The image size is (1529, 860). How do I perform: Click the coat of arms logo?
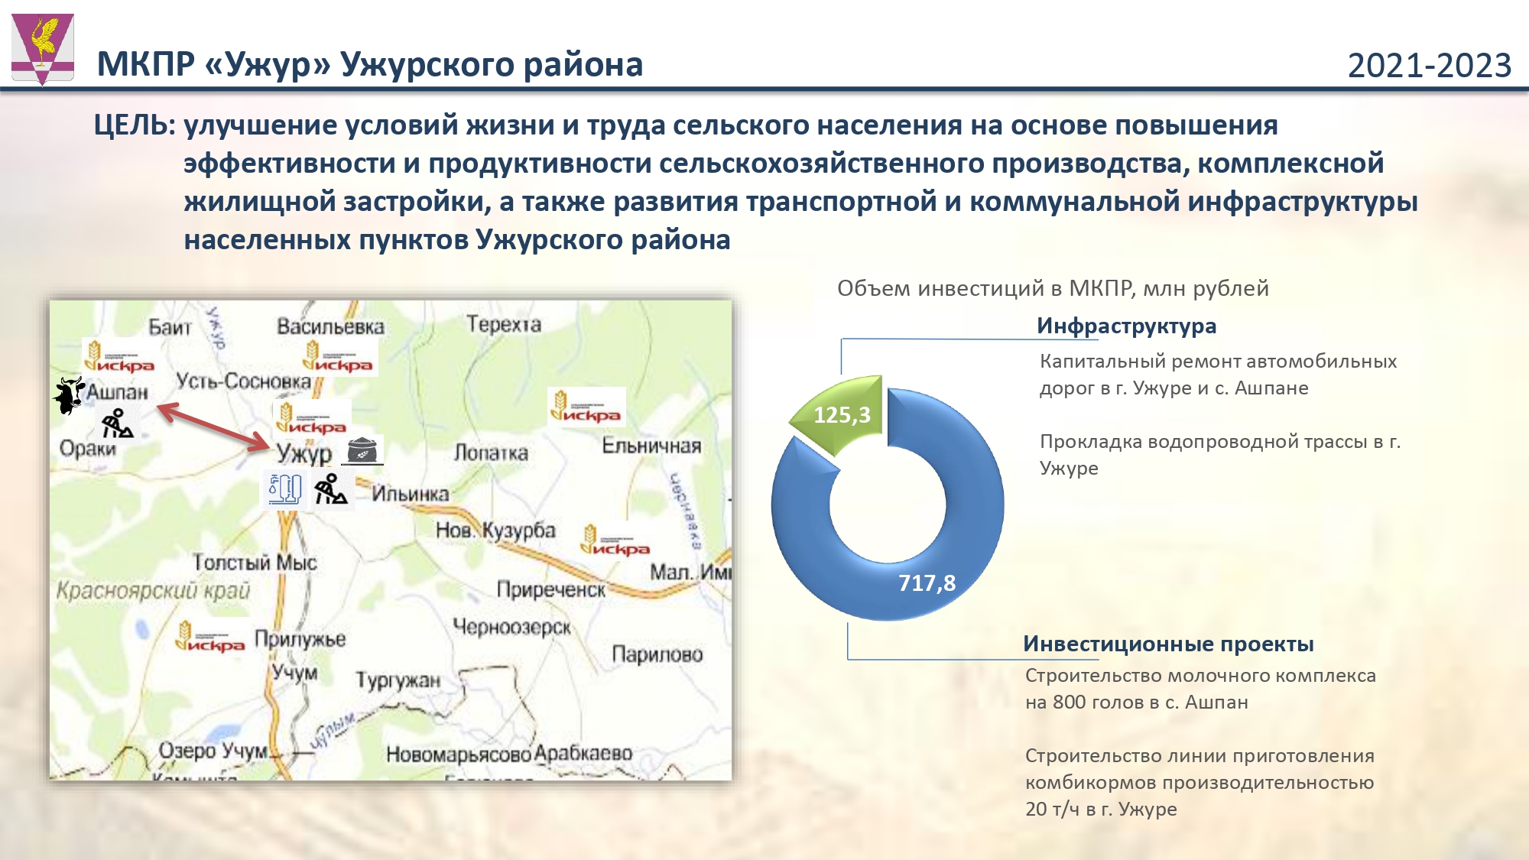click(x=43, y=47)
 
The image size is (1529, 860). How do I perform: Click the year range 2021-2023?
click(x=1429, y=66)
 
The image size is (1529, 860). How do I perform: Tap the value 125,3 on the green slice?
click(x=842, y=415)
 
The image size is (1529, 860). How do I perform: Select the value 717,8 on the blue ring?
click(x=927, y=583)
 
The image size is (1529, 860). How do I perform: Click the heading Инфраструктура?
click(x=1126, y=326)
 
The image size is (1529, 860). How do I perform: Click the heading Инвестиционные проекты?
click(x=1168, y=644)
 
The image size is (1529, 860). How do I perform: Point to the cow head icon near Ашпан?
click(x=69, y=395)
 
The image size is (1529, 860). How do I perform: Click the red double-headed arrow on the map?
click(x=213, y=427)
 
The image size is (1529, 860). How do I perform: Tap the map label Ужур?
click(x=304, y=453)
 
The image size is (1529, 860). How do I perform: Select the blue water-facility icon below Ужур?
click(x=284, y=488)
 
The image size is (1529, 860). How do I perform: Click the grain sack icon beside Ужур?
click(x=362, y=450)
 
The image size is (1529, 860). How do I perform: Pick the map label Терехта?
click(x=504, y=324)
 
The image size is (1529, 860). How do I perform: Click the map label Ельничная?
click(x=651, y=445)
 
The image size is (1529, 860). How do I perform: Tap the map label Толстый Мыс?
click(x=255, y=563)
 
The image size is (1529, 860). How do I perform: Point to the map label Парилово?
click(x=657, y=654)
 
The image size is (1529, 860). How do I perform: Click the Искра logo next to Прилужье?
click(x=209, y=637)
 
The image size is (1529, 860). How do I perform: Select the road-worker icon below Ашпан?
click(x=117, y=424)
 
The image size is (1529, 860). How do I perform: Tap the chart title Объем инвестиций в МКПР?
click(x=1052, y=289)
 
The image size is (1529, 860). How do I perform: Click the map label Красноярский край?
click(x=153, y=591)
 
